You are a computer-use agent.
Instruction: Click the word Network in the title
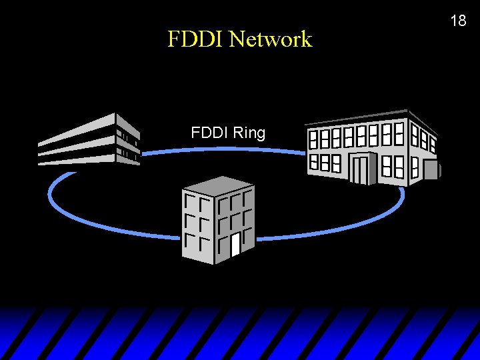point(270,39)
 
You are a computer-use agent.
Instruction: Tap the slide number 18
point(458,21)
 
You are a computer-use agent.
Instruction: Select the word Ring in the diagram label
point(250,133)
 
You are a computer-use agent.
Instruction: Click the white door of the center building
point(235,245)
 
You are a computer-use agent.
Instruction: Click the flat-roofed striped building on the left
point(89,140)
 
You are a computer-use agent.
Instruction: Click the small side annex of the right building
point(432,169)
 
